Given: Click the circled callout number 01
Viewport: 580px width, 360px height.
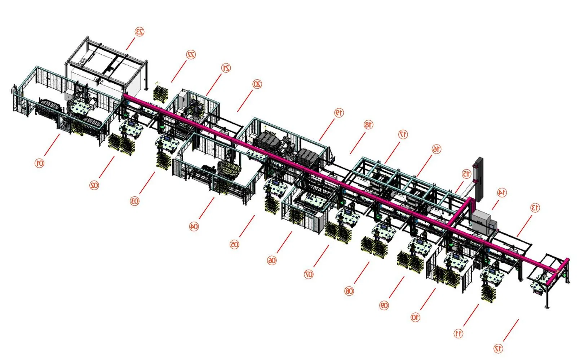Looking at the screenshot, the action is tap(40, 163).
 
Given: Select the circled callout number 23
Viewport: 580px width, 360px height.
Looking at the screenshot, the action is tap(140, 32).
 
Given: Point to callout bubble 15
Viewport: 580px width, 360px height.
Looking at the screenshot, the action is tap(466, 174).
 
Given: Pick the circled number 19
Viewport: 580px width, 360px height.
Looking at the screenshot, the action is tap(339, 112).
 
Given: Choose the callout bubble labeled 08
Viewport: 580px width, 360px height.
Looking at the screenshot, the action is tap(349, 291).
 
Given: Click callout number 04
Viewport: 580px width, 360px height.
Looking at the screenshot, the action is tap(194, 226).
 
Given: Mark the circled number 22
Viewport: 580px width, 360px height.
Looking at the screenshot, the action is tap(191, 54).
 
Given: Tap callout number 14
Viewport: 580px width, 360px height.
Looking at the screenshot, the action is tap(501, 192).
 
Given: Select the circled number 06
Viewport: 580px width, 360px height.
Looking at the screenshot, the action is tap(272, 260).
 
